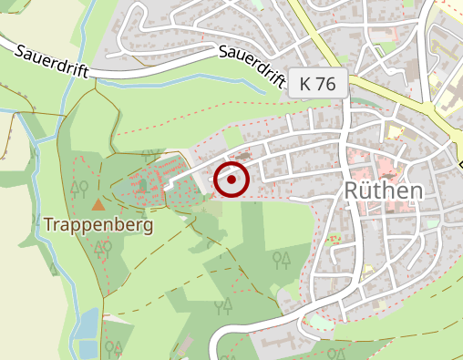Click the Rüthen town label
(385, 191)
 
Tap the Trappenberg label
(97, 223)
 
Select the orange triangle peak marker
(98, 204)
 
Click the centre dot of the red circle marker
(231, 180)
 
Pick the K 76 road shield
(317, 84)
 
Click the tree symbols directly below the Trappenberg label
(102, 246)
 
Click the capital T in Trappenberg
(48, 223)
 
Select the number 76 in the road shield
(326, 84)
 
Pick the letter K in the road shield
(305, 84)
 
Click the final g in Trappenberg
(145, 225)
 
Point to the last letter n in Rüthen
(417, 191)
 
